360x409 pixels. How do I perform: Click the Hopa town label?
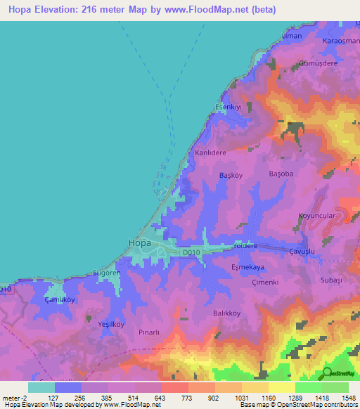[139, 243]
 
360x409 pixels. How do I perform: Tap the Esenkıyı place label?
[229, 108]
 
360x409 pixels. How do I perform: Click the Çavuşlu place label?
[304, 250]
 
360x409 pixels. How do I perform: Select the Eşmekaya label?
[247, 267]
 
